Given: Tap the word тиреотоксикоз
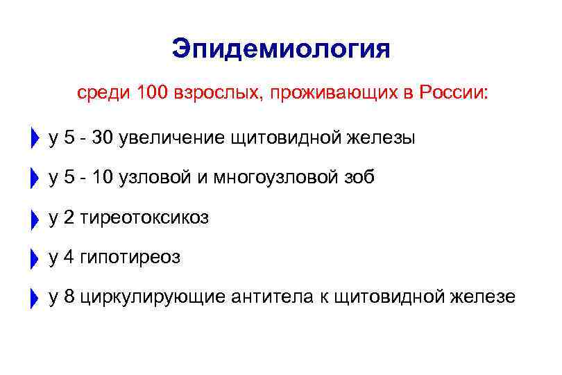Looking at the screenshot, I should point(144,218).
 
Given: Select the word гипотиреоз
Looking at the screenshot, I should point(130,258).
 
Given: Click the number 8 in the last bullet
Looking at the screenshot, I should point(69,297).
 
